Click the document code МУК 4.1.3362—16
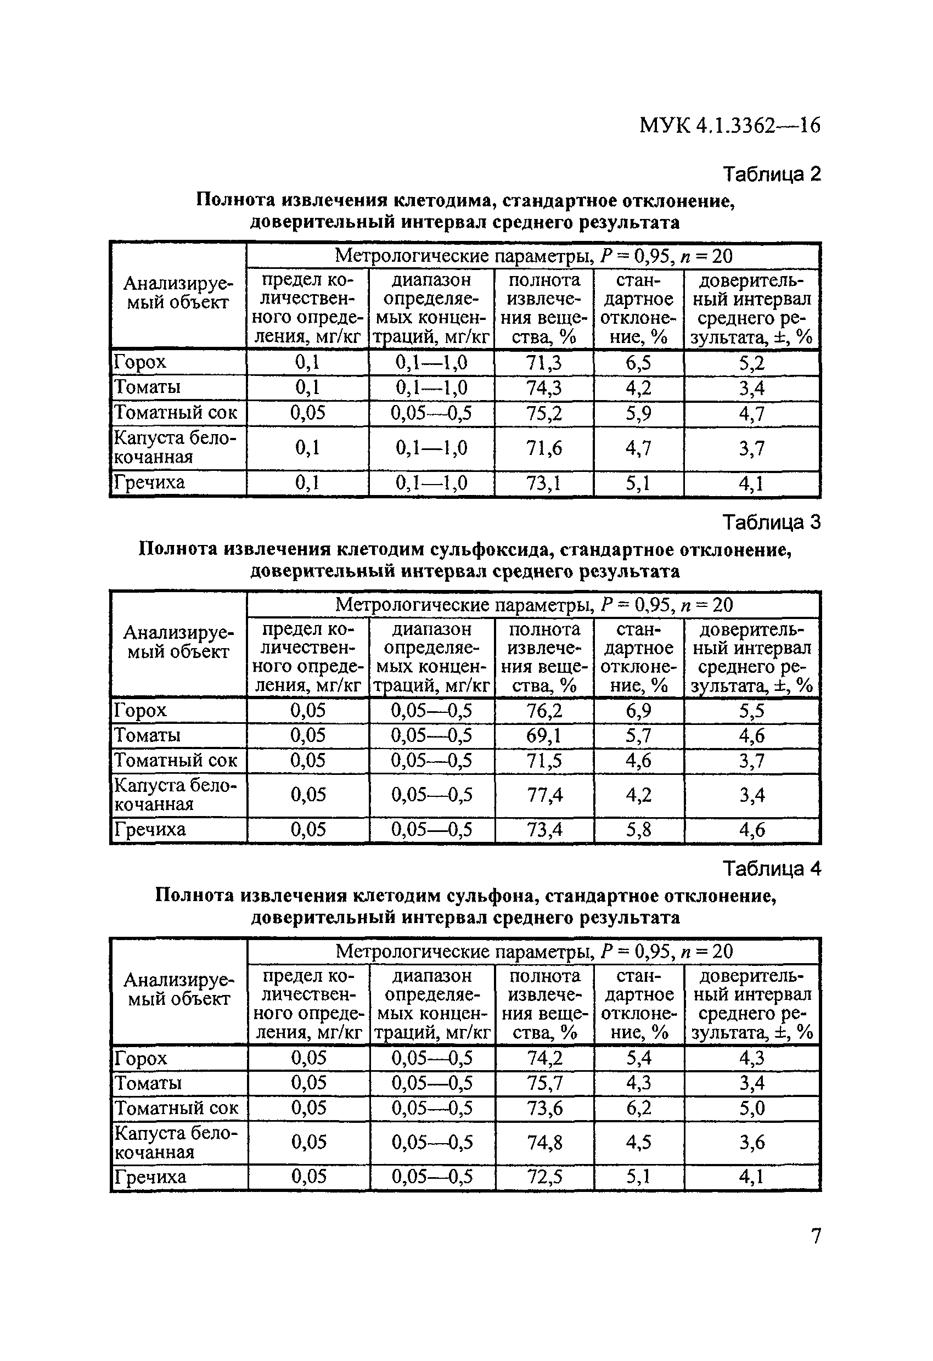[729, 125]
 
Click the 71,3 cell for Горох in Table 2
[544, 363]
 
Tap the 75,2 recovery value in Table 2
[544, 413]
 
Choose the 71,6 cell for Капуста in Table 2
[544, 448]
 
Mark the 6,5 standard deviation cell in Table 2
[638, 363]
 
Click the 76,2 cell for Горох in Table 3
[544, 710]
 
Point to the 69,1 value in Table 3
[544, 735]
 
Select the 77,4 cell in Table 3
[544, 795]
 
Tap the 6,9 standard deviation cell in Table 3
[638, 710]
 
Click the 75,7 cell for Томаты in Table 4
[544, 1083]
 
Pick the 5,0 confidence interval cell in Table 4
[751, 1108]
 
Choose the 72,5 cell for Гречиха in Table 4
[544, 1177]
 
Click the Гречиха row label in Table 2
[149, 482]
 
